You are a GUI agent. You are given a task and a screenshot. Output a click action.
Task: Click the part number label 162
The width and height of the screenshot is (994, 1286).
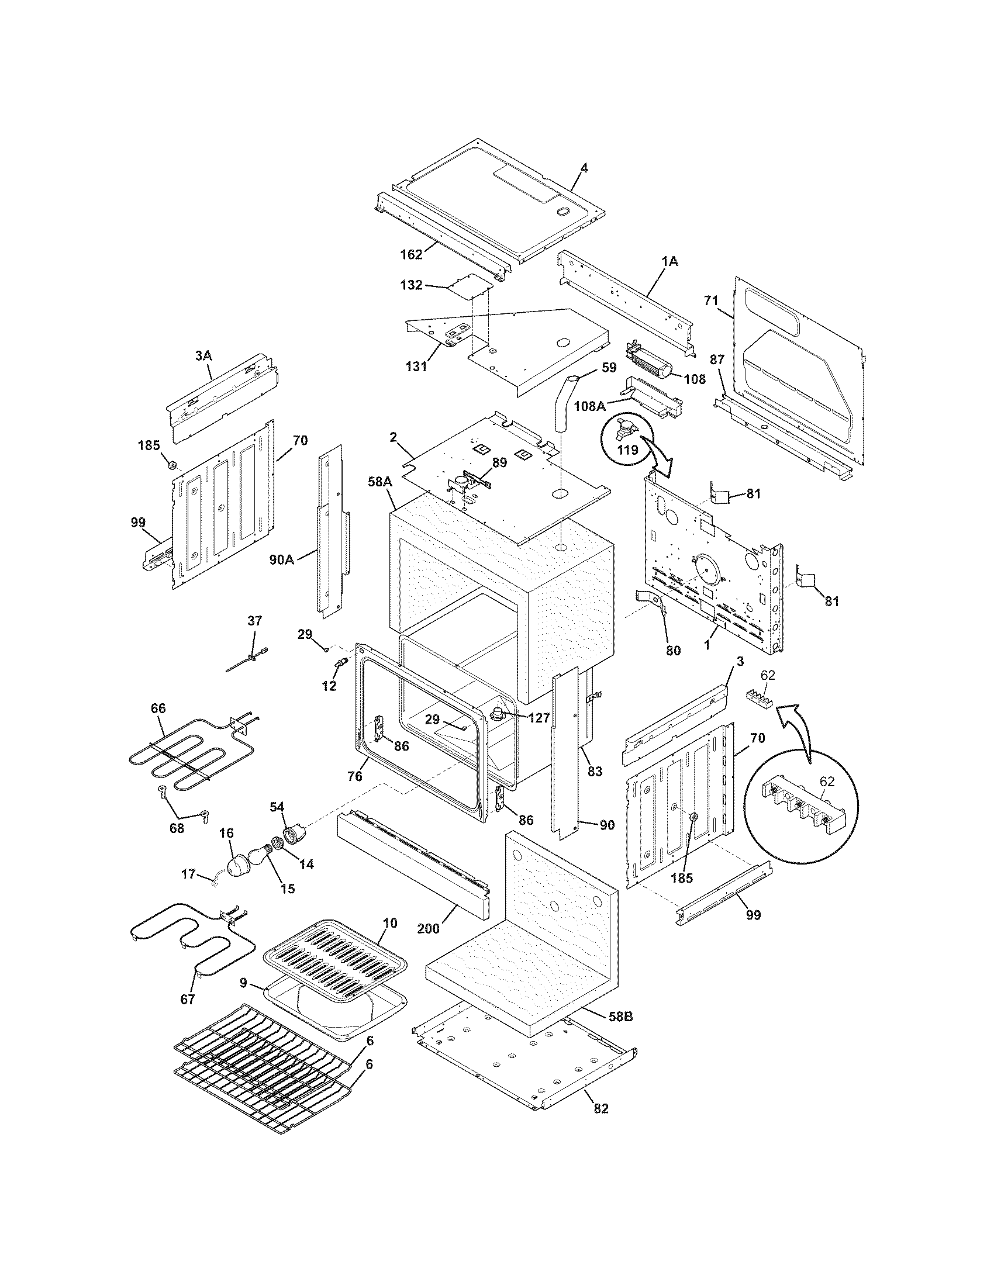[x=411, y=254]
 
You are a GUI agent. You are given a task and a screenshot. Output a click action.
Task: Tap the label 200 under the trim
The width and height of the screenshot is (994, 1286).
[x=428, y=928]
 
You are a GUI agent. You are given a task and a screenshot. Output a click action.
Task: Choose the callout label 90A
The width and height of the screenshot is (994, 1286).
[x=281, y=559]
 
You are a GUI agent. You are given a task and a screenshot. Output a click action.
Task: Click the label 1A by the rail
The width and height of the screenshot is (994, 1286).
[x=670, y=261]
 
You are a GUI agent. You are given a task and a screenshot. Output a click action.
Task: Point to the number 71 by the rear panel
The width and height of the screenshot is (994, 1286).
[x=712, y=301]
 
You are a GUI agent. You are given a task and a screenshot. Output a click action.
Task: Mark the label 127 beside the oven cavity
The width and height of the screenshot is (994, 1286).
[x=540, y=718]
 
